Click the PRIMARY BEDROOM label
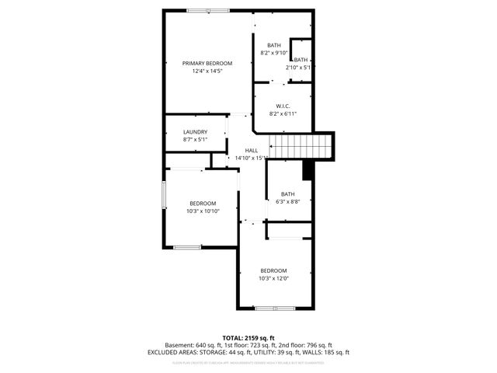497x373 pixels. click(207, 63)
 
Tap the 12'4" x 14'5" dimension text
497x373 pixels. click(207, 71)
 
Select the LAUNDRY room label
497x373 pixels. click(195, 132)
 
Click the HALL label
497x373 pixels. click(252, 151)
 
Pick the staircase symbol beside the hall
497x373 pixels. click(299, 145)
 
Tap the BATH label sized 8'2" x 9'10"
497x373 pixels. click(274, 45)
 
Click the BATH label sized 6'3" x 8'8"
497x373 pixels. click(288, 194)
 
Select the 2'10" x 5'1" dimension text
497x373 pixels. click(298, 68)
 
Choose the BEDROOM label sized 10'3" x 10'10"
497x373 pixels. click(203, 204)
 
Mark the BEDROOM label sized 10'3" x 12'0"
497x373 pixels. click(273, 270)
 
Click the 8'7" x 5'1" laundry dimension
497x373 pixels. click(195, 141)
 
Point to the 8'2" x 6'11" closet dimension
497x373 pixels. click(283, 114)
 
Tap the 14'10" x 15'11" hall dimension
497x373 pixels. click(252, 159)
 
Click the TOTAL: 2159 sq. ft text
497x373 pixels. click(248, 338)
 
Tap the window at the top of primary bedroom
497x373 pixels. click(207, 10)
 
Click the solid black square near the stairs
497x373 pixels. click(308, 169)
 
